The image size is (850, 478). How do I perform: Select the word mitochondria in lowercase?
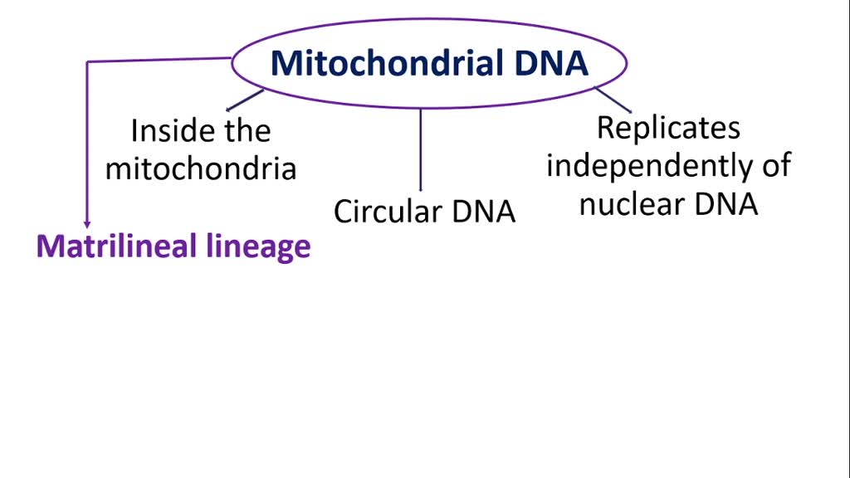(201, 168)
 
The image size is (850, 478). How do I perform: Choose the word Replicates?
(668, 128)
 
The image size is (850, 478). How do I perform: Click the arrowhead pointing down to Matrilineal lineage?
(86, 223)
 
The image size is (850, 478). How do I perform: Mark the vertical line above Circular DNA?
(421, 149)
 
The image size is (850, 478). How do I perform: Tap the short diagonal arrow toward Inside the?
(245, 100)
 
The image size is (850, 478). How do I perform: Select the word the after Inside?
(247, 131)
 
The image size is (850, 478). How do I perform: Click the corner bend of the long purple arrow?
(87, 62)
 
